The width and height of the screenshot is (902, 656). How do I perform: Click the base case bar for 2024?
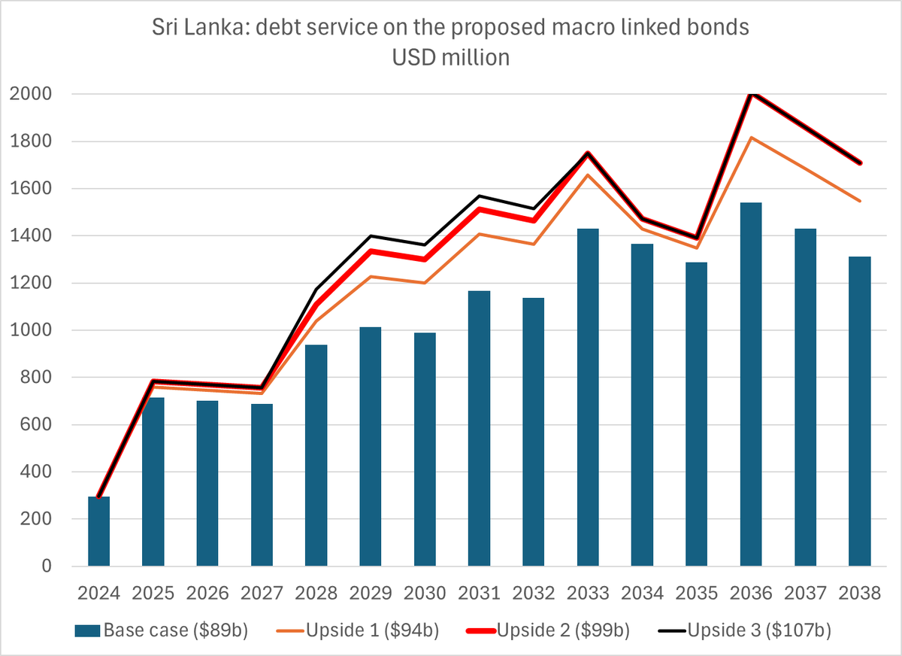pos(99,531)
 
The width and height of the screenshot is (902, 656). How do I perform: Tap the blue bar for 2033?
pos(588,397)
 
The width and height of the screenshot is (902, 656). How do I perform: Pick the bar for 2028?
pos(316,455)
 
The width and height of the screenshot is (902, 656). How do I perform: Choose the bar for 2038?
pos(859,412)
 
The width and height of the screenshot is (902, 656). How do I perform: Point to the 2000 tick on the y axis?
pos(31,94)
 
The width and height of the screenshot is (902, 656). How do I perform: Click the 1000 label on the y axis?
pos(31,330)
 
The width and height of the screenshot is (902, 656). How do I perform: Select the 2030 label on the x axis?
pos(425,593)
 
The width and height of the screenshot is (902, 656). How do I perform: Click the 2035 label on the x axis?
pos(696,593)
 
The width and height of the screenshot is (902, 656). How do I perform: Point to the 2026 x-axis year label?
pos(207,593)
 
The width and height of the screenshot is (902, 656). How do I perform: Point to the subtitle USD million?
pos(451,57)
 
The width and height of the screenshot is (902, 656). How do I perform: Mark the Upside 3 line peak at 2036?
pos(751,93)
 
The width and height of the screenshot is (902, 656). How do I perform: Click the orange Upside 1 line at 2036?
pos(751,138)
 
